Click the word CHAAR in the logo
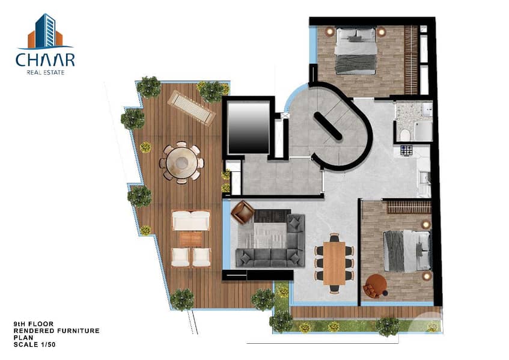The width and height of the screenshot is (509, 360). [x=45, y=60]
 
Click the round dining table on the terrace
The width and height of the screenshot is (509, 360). [x=181, y=162]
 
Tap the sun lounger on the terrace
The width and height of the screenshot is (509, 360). [x=191, y=108]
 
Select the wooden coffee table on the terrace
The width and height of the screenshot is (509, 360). [x=191, y=239]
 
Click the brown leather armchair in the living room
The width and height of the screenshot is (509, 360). [x=242, y=212]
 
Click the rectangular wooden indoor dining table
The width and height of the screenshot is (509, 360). [x=334, y=263]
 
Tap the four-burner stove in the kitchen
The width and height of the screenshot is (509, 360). [x=406, y=150]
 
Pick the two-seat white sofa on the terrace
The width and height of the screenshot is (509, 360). [x=190, y=220]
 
